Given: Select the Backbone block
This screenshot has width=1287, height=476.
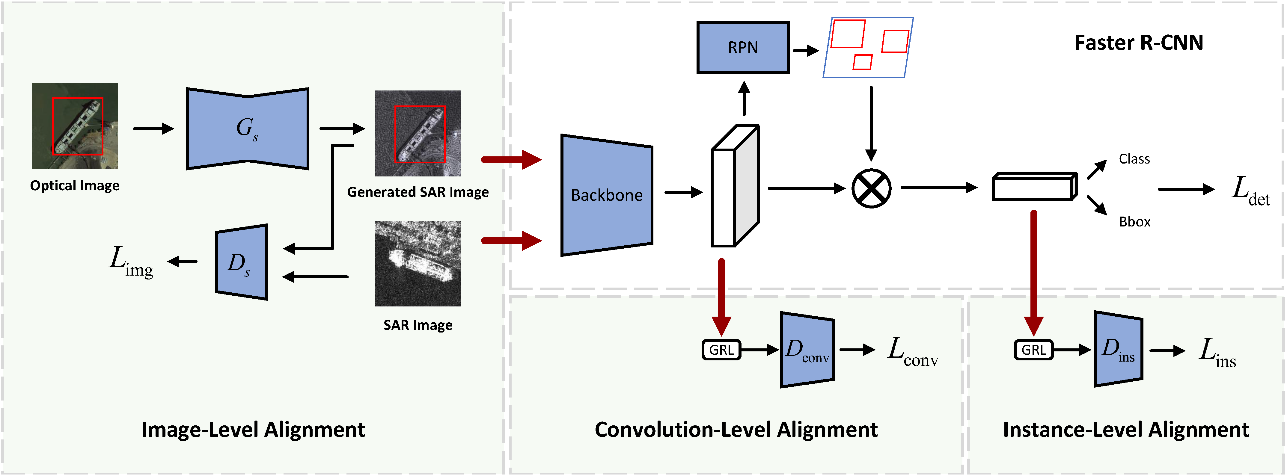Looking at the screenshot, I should pyautogui.click(x=607, y=195).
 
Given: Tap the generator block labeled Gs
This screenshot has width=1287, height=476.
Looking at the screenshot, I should pyautogui.click(x=247, y=129).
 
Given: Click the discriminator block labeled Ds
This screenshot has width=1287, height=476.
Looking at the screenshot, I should pyautogui.click(x=241, y=262).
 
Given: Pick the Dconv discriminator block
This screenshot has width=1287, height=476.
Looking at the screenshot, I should pyautogui.click(x=807, y=350).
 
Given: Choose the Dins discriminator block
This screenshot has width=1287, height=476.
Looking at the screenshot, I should pyautogui.click(x=1118, y=349).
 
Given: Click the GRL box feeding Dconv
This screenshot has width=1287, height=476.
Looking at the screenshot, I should pyautogui.click(x=721, y=350).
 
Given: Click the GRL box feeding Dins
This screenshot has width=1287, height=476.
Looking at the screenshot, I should pyautogui.click(x=1033, y=350).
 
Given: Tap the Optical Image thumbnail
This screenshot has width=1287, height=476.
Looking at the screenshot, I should pyautogui.click(x=75, y=126).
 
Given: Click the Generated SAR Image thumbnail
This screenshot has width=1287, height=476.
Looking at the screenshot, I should pyautogui.click(x=418, y=133).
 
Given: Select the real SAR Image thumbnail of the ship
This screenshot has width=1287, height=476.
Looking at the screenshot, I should pyautogui.click(x=418, y=264).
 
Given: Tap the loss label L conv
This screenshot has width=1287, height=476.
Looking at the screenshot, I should pyautogui.click(x=912, y=351).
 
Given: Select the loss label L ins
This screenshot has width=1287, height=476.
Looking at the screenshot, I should pyautogui.click(x=1217, y=352).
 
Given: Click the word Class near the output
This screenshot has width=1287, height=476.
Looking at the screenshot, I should pyautogui.click(x=1134, y=159).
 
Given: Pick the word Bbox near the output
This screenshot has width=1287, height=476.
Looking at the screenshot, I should pyautogui.click(x=1134, y=222).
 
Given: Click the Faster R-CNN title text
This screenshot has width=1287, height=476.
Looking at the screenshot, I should pyautogui.click(x=1139, y=43).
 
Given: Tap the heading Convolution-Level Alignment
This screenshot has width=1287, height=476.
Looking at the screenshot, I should pyautogui.click(x=736, y=430).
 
